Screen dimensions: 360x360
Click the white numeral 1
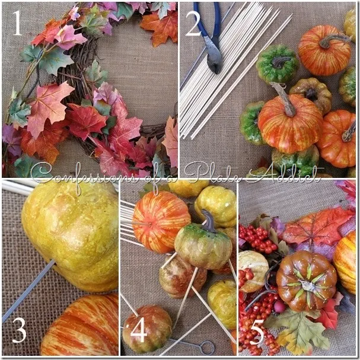17,23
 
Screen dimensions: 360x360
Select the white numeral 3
20,330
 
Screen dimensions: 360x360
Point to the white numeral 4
139,330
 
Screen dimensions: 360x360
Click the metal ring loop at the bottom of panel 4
207,348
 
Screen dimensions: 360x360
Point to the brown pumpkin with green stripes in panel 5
306,281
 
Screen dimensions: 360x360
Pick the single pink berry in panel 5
279,307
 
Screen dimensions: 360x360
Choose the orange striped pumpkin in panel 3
80,326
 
